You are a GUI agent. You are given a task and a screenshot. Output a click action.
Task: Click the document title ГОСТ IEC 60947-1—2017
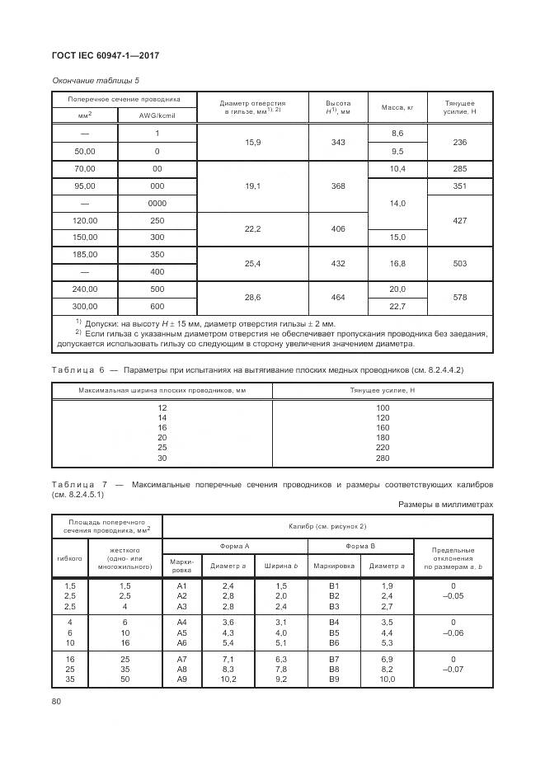tap(106, 55)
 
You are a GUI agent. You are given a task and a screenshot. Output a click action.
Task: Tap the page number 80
tap(57, 702)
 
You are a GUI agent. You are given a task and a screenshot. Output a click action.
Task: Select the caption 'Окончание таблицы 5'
tap(90, 81)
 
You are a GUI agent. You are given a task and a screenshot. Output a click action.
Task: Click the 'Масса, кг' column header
tap(397, 107)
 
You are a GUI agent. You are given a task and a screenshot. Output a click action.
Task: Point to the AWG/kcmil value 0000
tap(157, 204)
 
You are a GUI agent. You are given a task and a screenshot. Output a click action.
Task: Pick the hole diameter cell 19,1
tap(253, 186)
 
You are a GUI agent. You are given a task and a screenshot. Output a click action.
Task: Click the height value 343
tap(338, 142)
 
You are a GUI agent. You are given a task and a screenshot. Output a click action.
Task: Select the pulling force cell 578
tap(460, 298)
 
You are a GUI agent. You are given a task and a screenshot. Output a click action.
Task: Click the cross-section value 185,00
tap(86, 255)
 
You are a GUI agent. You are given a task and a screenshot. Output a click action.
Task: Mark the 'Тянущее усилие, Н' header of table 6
tap(382, 390)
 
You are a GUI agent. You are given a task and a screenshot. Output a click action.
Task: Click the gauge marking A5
tap(182, 632)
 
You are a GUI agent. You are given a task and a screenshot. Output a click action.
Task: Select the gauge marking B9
tap(334, 679)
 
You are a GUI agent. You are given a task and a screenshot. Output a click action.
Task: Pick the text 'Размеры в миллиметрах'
tap(445, 504)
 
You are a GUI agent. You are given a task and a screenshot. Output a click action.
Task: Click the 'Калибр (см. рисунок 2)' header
tap(327, 525)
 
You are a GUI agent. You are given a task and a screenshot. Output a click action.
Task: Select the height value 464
tap(338, 298)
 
